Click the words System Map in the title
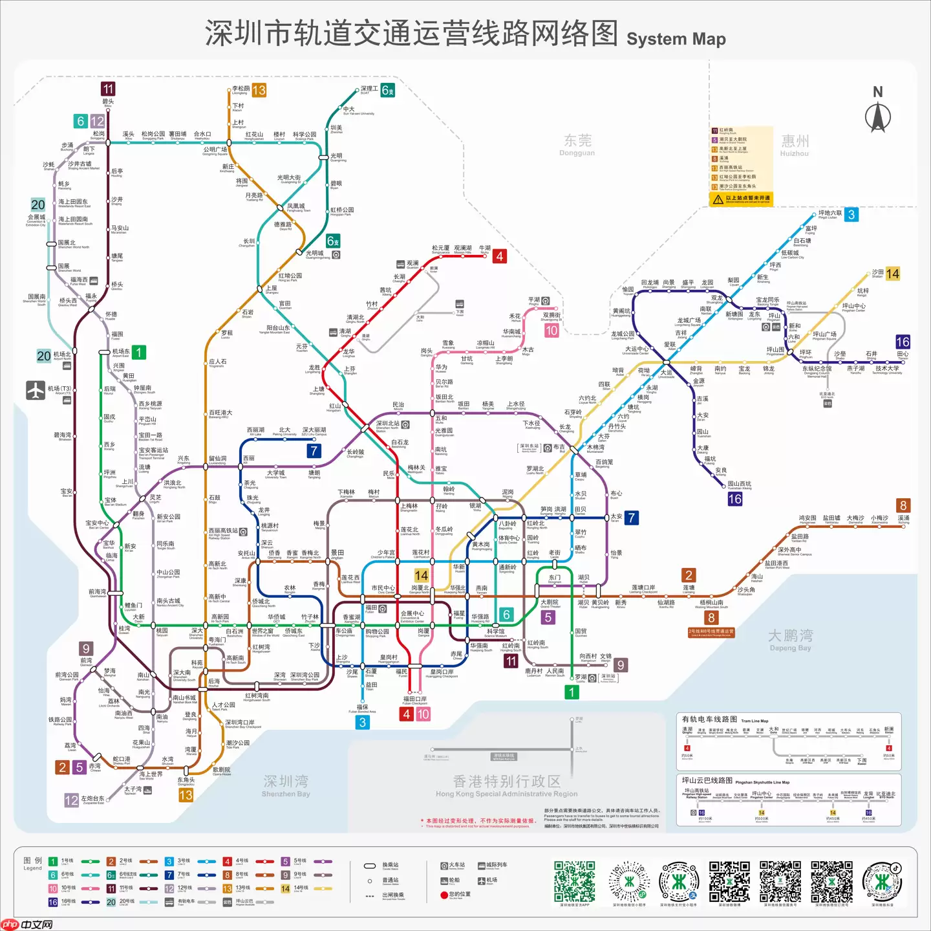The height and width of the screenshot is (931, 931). point(676,39)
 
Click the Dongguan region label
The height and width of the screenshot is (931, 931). point(577,144)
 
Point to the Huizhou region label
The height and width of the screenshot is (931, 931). point(795,145)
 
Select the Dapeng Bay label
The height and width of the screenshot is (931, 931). point(789,640)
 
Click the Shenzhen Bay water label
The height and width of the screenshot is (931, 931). point(286,785)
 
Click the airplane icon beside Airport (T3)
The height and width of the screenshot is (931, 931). point(36,390)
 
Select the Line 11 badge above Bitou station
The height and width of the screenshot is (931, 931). point(108,89)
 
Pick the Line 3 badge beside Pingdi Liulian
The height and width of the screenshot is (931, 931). point(851,215)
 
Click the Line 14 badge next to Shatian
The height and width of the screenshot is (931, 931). point(892,274)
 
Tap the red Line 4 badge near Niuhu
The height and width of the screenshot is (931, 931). point(500,256)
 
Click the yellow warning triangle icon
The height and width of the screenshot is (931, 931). point(718,199)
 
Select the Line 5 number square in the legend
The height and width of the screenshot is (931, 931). point(285,862)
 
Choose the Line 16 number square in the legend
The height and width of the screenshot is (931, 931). point(53,902)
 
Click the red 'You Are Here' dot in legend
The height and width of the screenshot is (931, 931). point(444,895)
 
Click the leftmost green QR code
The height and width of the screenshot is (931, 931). point(574,881)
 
